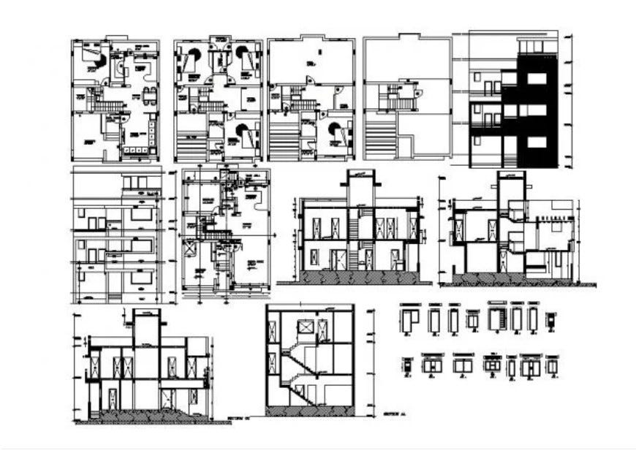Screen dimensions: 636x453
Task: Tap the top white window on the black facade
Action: click(537, 78)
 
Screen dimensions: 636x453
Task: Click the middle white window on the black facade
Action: click(537, 110)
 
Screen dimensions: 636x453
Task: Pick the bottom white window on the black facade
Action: click(537, 142)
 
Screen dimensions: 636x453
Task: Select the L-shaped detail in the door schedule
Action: click(407, 319)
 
